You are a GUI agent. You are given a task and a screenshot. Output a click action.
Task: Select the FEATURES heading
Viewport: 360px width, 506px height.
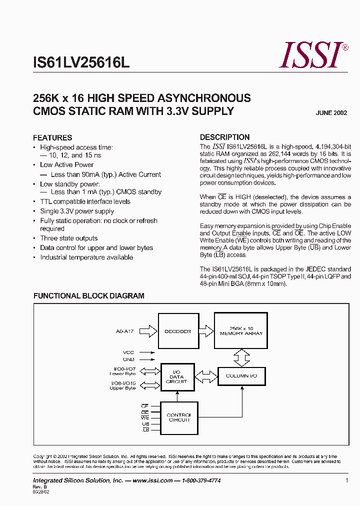pos(52,137)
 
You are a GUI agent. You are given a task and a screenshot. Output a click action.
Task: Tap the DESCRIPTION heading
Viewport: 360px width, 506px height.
pos(224,137)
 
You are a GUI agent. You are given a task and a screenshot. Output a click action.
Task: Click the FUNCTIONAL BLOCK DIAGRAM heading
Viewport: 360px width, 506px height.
pos(88,296)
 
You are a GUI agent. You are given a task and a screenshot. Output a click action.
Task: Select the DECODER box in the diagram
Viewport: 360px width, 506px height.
pos(178,331)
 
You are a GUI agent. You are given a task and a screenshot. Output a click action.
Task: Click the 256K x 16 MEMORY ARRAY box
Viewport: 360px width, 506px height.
pos(241,330)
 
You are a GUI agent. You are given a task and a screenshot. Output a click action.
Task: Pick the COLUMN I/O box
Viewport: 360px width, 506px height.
pos(241,375)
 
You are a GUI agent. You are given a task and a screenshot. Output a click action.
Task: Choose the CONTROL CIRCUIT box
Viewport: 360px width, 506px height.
pos(178,417)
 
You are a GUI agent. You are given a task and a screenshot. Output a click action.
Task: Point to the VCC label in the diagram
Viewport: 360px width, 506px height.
pos(128,352)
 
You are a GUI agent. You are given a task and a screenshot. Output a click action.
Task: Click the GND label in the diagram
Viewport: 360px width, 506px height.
pos(128,359)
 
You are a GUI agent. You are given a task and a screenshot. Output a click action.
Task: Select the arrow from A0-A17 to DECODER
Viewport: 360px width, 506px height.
pos(148,330)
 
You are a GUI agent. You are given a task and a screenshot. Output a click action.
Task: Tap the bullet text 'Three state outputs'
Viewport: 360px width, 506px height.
pos(69,238)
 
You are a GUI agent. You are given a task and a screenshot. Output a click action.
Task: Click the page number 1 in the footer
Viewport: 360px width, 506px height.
pos(346,480)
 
